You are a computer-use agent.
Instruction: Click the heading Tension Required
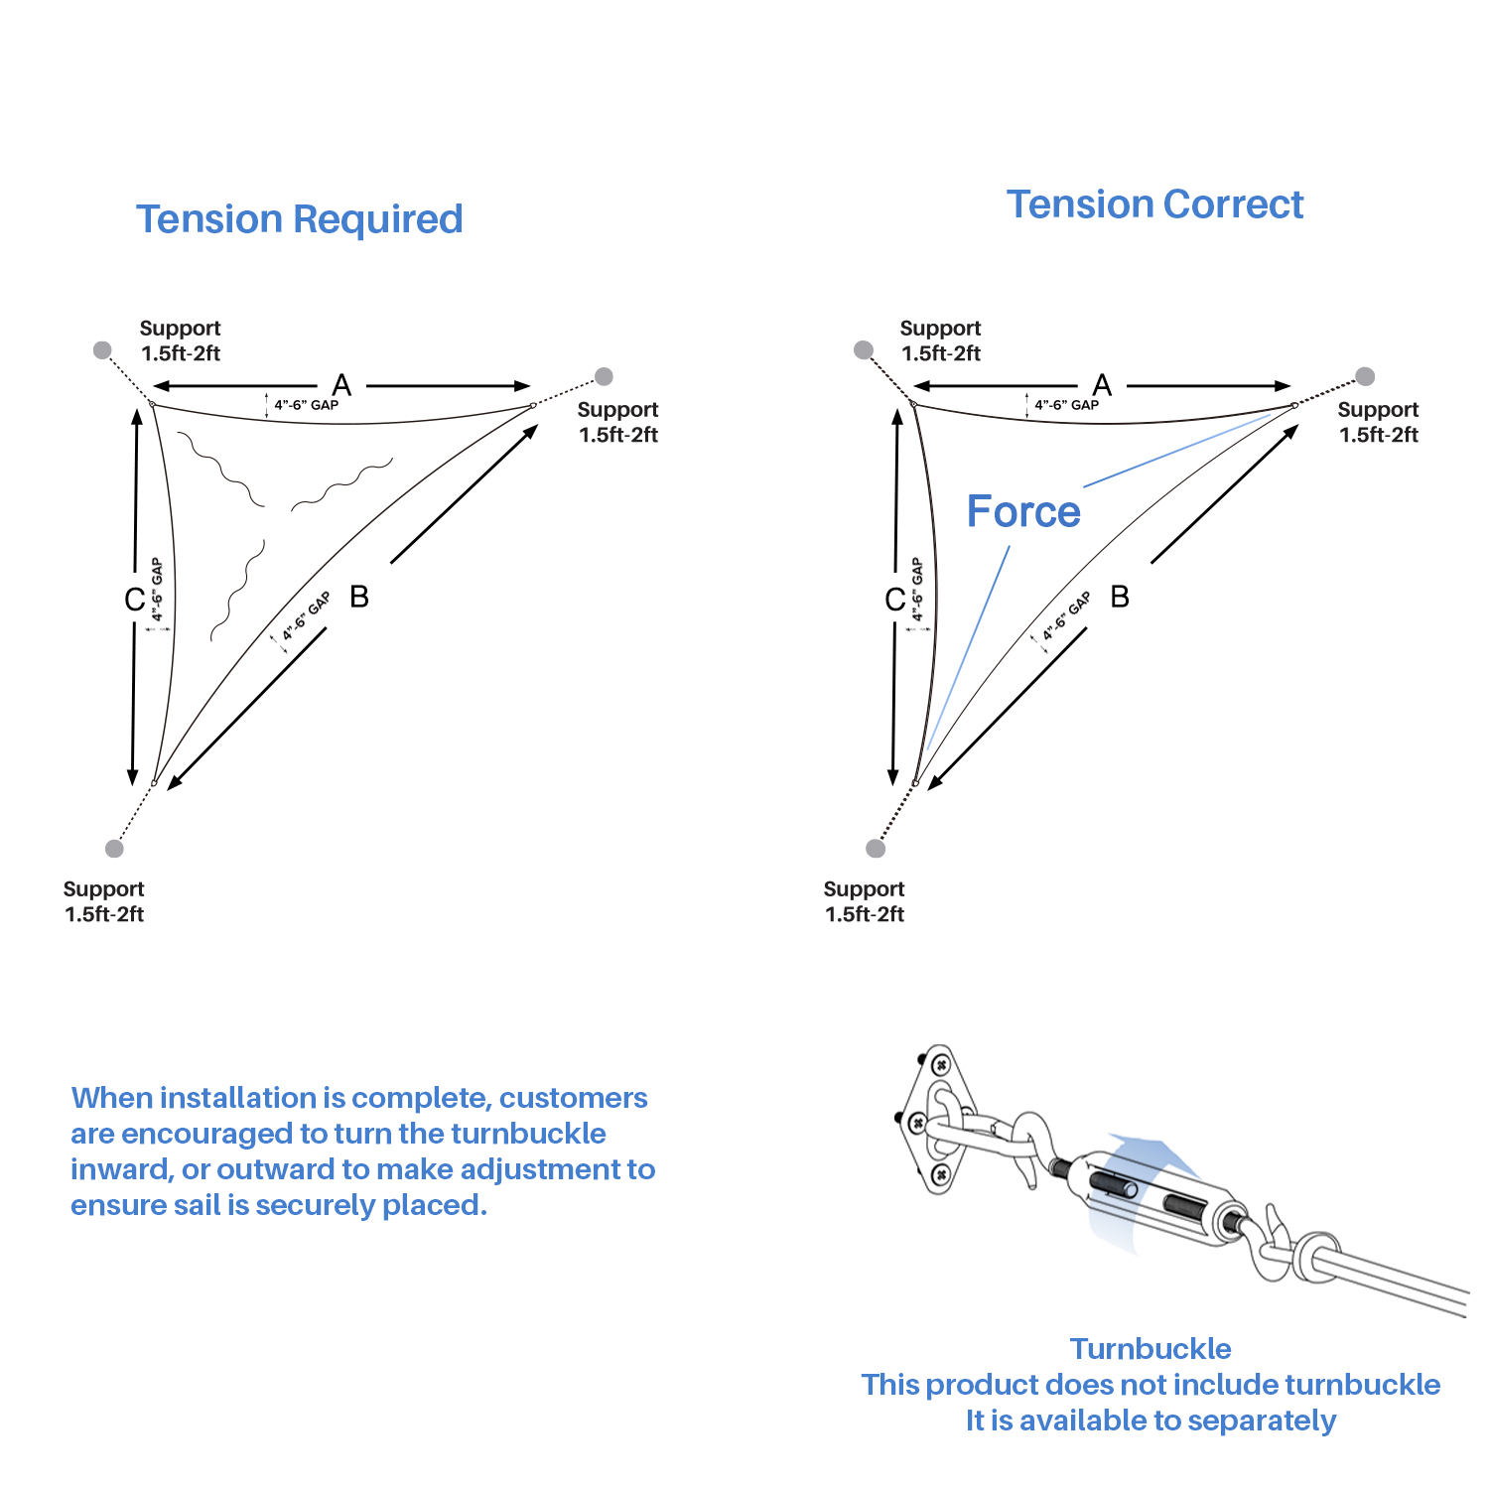(299, 219)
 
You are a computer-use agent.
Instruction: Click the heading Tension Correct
(1154, 204)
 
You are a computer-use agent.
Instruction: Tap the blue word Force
(1023, 512)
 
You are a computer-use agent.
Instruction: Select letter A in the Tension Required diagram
(341, 385)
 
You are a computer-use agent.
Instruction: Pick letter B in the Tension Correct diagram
(1120, 597)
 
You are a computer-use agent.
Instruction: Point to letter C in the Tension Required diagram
(135, 600)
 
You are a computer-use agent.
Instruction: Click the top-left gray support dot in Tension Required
(102, 349)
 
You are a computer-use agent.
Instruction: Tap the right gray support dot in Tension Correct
(1365, 376)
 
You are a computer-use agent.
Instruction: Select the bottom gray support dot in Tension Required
(115, 848)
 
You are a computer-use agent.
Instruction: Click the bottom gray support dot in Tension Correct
(876, 848)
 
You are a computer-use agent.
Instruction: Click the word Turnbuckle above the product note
(1151, 1349)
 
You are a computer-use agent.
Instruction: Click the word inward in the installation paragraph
(120, 1169)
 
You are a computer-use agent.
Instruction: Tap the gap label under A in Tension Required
(306, 405)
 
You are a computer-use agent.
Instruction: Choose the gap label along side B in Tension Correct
(1066, 616)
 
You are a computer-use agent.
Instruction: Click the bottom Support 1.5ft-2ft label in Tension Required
(103, 901)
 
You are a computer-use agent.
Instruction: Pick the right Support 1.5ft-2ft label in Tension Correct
(1378, 422)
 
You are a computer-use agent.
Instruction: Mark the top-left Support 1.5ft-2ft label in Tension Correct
(940, 340)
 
